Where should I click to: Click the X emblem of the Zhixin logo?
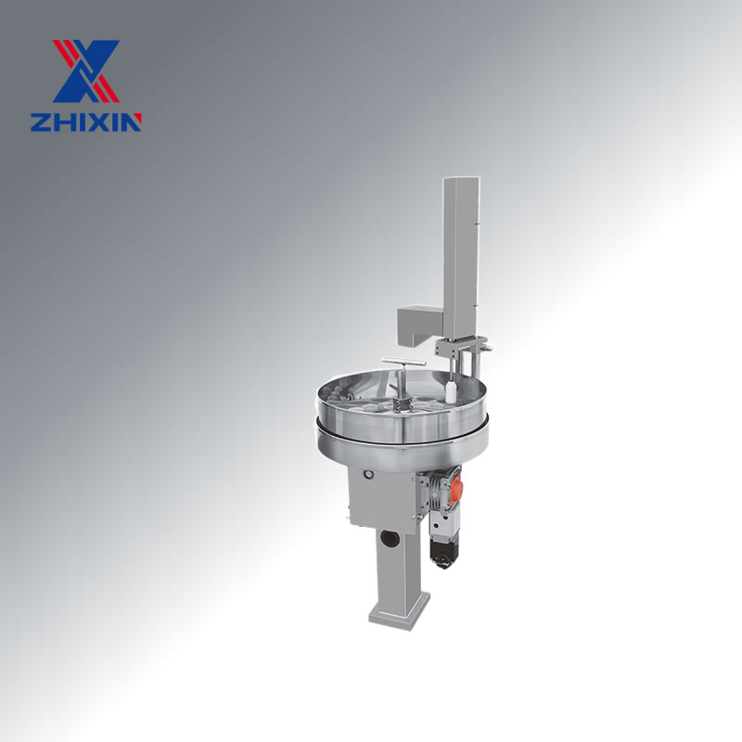coord(86,71)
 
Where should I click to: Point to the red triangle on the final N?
coord(136,121)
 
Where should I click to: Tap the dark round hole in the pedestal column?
coord(390,539)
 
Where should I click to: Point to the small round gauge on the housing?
coord(367,474)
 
